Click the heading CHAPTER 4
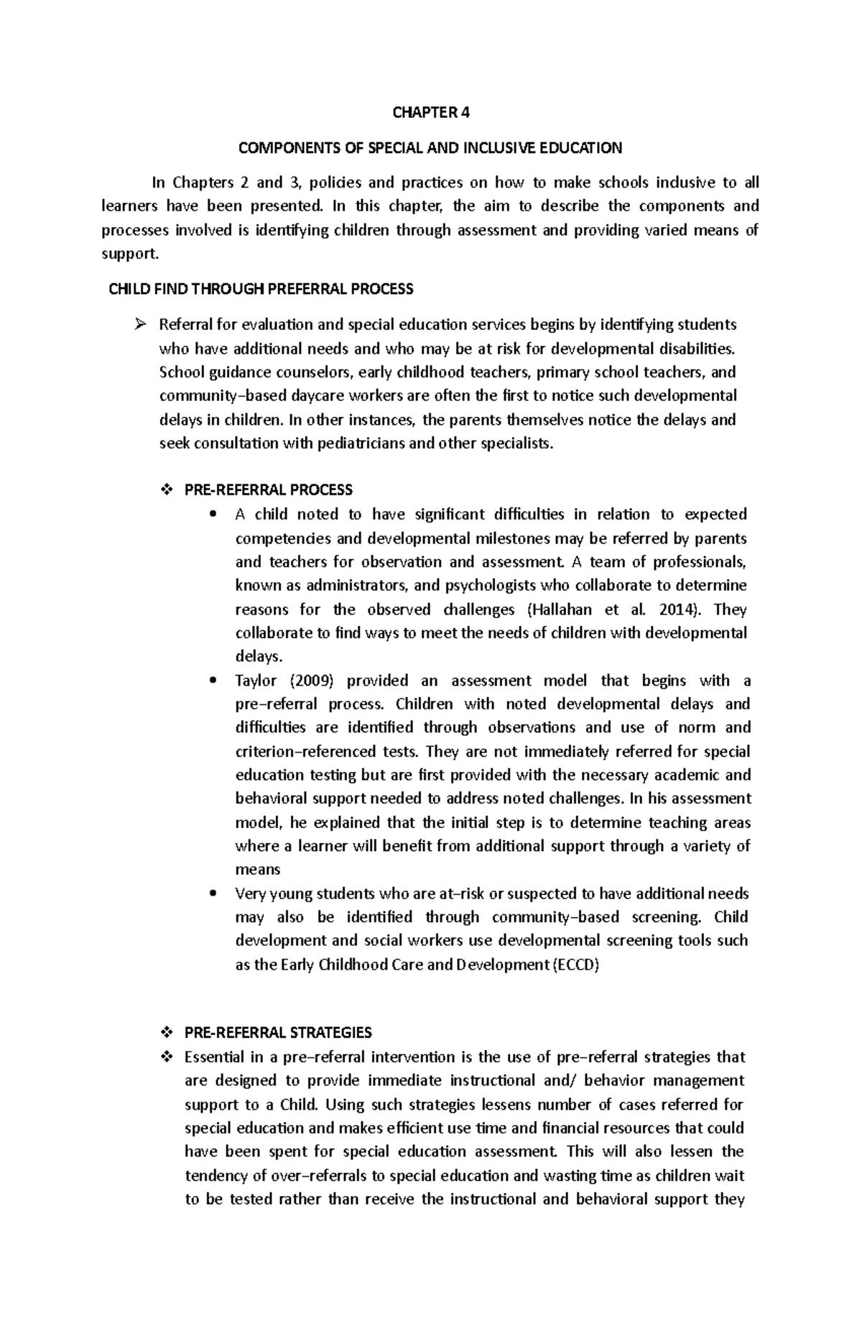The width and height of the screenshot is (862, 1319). (x=430, y=113)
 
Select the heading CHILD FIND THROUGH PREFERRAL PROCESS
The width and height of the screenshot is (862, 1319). (x=260, y=289)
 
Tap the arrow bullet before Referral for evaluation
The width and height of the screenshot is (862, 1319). (x=140, y=324)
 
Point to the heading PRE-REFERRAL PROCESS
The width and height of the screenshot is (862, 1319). (x=268, y=490)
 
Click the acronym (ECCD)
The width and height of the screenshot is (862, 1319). (x=575, y=965)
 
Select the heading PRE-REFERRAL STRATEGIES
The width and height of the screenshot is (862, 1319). (x=278, y=1032)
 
